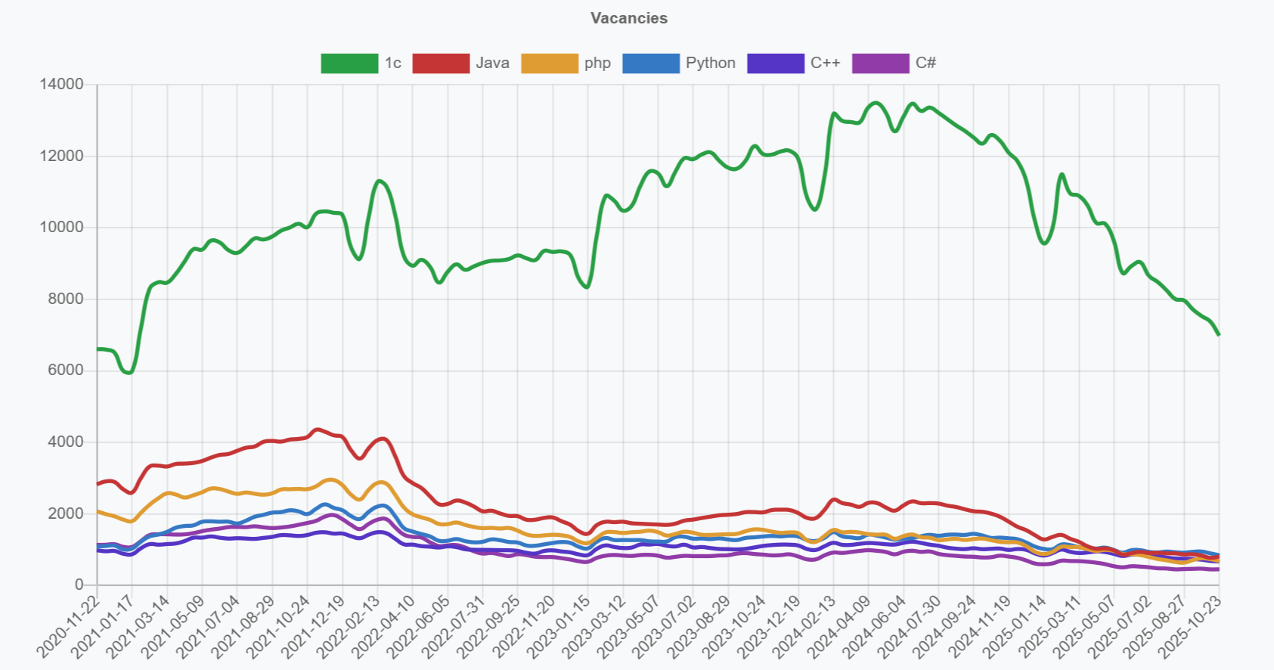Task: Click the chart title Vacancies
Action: click(x=629, y=18)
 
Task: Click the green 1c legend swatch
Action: click(x=349, y=64)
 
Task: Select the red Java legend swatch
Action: click(x=441, y=64)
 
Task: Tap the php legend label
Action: click(x=597, y=64)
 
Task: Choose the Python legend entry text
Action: click(x=710, y=64)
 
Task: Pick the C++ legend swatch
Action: click(x=775, y=64)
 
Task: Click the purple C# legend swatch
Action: click(x=880, y=64)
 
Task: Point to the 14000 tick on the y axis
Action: click(x=62, y=84)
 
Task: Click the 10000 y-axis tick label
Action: click(x=62, y=227)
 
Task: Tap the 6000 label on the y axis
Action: click(x=66, y=370)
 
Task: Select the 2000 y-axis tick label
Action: click(x=66, y=513)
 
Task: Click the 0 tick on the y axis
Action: click(x=79, y=585)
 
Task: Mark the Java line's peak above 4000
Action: click(x=318, y=430)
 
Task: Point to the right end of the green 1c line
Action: click(x=1218, y=334)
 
